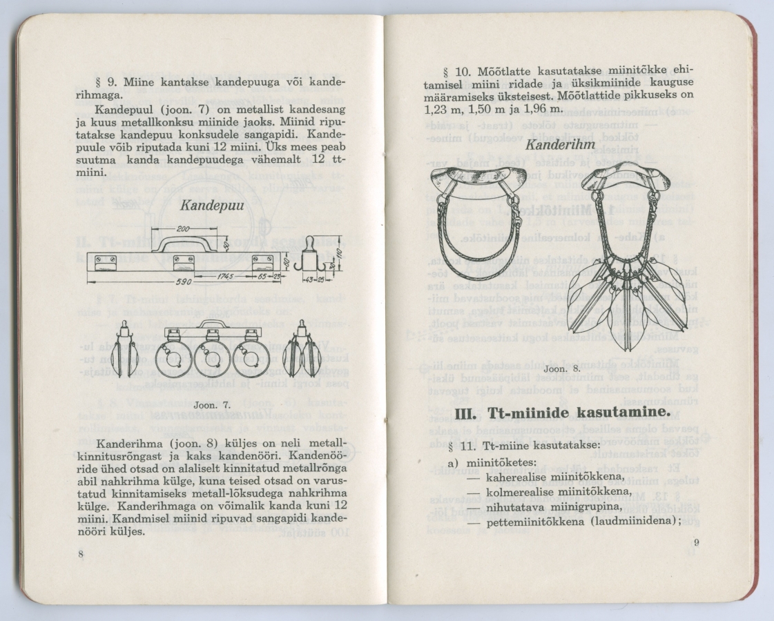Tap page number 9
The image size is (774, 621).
coord(696,542)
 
